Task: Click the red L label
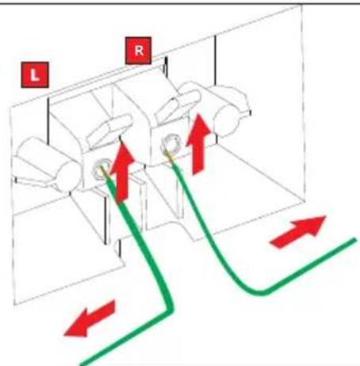(x=35, y=75)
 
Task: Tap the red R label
(x=139, y=51)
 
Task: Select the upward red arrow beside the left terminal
(x=122, y=172)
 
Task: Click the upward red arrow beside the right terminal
(x=198, y=144)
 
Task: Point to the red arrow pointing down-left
(x=90, y=318)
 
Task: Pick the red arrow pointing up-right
(x=298, y=231)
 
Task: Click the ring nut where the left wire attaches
(x=101, y=169)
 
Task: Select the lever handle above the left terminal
(x=109, y=130)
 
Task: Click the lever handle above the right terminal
(x=178, y=105)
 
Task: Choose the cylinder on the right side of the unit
(x=231, y=112)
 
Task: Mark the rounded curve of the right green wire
(x=260, y=292)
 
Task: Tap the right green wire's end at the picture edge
(x=354, y=240)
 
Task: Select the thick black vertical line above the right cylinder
(x=216, y=60)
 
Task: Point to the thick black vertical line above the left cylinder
(x=48, y=120)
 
